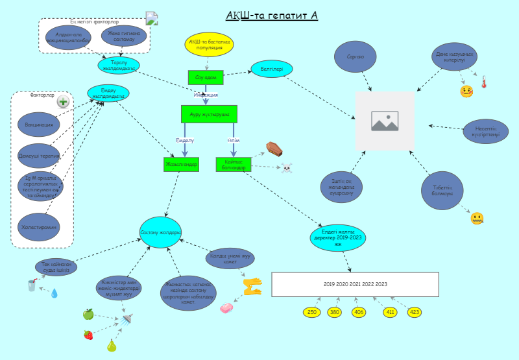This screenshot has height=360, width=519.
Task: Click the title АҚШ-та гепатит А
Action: point(272,15)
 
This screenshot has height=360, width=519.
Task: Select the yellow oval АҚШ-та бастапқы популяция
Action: point(207,44)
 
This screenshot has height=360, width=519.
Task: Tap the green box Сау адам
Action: point(206,77)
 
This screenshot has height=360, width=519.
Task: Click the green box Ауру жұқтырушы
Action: point(209,114)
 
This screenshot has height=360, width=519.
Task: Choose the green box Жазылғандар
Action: point(181,164)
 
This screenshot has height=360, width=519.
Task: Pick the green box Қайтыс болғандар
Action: point(234,164)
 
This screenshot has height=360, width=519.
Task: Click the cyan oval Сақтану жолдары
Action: point(161,232)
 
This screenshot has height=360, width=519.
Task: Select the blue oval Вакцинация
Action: point(39,123)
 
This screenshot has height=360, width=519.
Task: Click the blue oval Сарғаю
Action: point(356,57)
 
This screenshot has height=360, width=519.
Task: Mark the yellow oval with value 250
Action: point(312,313)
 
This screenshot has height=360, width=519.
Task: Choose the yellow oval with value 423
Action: point(414,313)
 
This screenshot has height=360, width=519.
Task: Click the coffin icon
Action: point(274,149)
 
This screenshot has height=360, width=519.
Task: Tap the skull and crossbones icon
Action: point(286,169)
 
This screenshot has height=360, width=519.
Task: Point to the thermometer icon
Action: point(483,82)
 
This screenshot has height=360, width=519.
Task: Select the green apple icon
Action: point(88,315)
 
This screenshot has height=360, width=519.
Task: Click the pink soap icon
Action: point(227,307)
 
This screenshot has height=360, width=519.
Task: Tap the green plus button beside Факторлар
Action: point(63,101)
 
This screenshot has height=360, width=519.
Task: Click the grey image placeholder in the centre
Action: point(385,121)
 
